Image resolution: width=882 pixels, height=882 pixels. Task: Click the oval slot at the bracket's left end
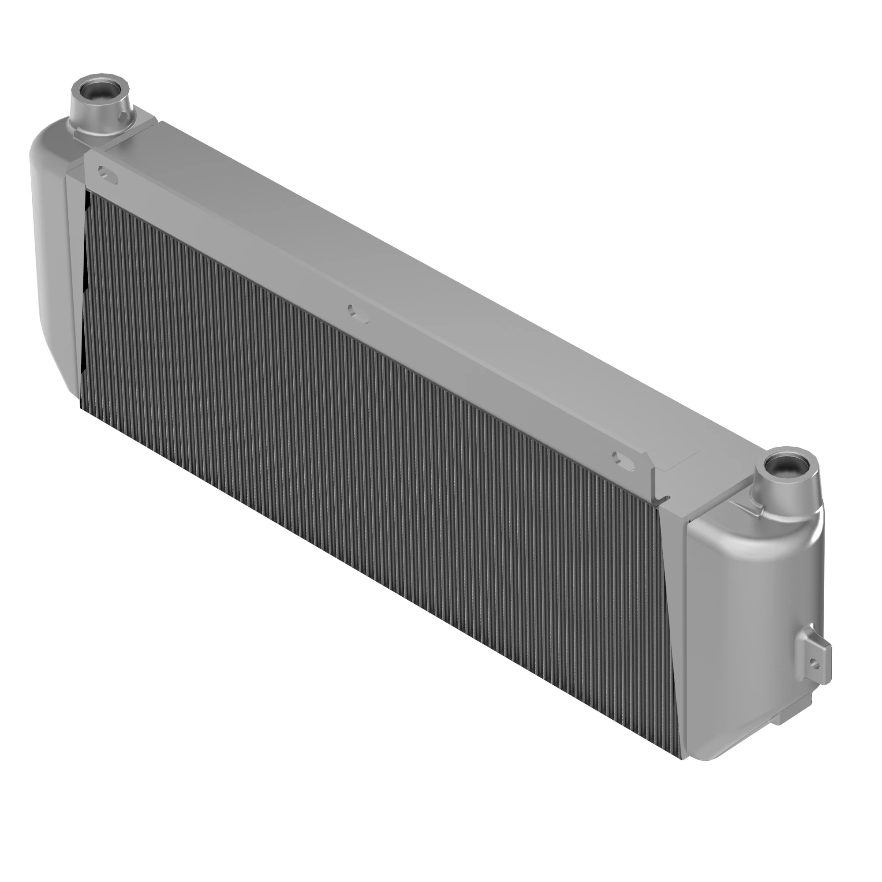point(107,174)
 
